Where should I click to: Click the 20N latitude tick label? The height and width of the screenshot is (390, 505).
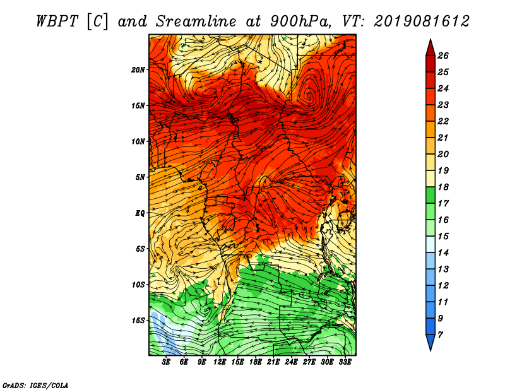pyautogui.click(x=138, y=70)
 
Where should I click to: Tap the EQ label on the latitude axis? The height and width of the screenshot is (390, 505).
pyautogui.click(x=140, y=213)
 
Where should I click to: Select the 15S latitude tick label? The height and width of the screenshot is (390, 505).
pyautogui.click(x=138, y=321)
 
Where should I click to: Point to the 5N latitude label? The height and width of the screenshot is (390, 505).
pyautogui.click(x=140, y=177)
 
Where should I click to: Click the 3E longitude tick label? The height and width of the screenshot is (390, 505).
pyautogui.click(x=166, y=362)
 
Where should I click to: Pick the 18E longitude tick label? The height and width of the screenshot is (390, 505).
pyautogui.click(x=256, y=362)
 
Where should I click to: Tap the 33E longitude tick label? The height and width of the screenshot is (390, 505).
pyautogui.click(x=345, y=362)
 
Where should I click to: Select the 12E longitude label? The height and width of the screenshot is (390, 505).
pyautogui.click(x=220, y=362)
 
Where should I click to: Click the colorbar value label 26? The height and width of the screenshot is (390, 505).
pyautogui.click(x=443, y=56)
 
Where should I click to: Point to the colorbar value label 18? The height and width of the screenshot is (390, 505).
pyautogui.click(x=443, y=187)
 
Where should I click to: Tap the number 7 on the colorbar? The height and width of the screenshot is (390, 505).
pyautogui.click(x=440, y=335)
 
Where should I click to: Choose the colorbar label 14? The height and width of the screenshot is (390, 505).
pyautogui.click(x=443, y=253)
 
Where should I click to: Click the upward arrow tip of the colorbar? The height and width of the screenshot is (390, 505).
pyautogui.click(x=431, y=39)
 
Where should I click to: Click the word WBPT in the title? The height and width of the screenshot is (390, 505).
pyautogui.click(x=57, y=21)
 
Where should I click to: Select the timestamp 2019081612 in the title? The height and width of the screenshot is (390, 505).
pyautogui.click(x=422, y=21)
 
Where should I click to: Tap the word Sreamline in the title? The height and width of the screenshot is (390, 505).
pyautogui.click(x=196, y=21)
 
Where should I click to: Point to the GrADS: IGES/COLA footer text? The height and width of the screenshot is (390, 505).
pyautogui.click(x=35, y=386)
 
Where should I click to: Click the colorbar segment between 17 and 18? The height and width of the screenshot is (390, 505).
pyautogui.click(x=431, y=195)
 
